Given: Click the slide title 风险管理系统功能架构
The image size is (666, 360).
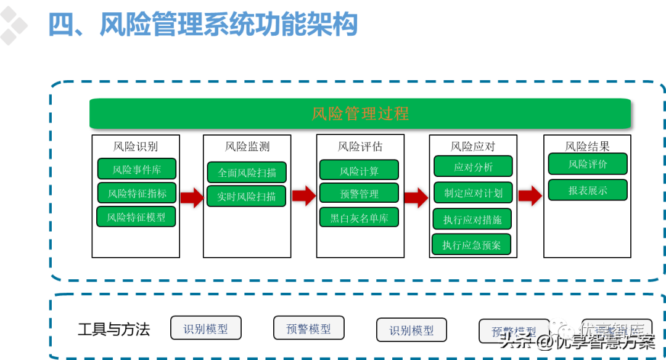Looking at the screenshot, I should pyautogui.click(x=203, y=25).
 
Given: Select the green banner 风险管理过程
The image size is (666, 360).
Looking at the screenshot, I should pyautogui.click(x=360, y=113).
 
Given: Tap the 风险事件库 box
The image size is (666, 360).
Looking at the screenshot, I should pyautogui.click(x=137, y=169).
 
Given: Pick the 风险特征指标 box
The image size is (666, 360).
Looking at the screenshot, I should pyautogui.click(x=137, y=193).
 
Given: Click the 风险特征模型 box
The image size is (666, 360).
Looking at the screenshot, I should pyautogui.click(x=136, y=216).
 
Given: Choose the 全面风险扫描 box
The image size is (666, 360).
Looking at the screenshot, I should pyautogui.click(x=247, y=173).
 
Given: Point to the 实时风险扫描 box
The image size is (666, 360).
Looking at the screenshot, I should pyautogui.click(x=247, y=196).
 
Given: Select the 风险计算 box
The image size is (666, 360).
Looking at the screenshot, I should pyautogui.click(x=359, y=170).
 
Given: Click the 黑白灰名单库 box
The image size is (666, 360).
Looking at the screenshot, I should pyautogui.click(x=359, y=217).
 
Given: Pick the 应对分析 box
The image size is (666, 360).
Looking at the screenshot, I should pyautogui.click(x=473, y=166).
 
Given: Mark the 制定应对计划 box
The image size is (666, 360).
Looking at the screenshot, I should pyautogui.click(x=473, y=192).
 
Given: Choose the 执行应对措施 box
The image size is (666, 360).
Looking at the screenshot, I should pyautogui.click(x=472, y=219).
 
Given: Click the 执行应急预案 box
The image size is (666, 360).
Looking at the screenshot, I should pyautogui.click(x=471, y=245).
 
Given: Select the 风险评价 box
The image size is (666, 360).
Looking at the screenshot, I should pyautogui.click(x=588, y=164).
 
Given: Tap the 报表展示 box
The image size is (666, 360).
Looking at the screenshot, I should pyautogui.click(x=588, y=190).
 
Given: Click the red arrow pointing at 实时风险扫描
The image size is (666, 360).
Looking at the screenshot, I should pyautogui.click(x=192, y=197).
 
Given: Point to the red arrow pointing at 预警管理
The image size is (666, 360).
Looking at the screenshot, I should pyautogui.click(x=304, y=195).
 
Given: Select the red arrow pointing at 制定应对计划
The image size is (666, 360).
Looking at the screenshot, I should pyautogui.click(x=417, y=197).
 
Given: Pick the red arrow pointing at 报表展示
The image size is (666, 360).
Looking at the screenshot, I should pyautogui.click(x=530, y=195).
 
